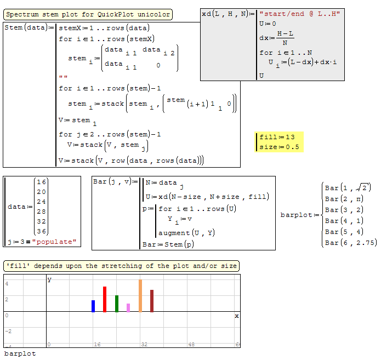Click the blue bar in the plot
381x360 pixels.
pyautogui.click(x=93, y=306)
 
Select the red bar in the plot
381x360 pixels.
pyautogui.click(x=105, y=299)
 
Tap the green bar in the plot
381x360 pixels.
pyautogui.click(x=117, y=304)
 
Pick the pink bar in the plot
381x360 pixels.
pyautogui.click(x=128, y=308)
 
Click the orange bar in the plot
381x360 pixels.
pyautogui.click(x=140, y=296)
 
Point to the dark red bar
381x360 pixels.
pyautogui.click(x=152, y=301)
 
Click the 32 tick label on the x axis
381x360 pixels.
pyautogui.click(x=144, y=345)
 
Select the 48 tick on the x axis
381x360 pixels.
pyautogui.click(x=191, y=345)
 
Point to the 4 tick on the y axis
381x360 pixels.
pyautogui.click(x=7, y=284)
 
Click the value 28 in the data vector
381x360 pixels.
pyautogui.click(x=41, y=212)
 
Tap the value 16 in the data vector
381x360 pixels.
pyautogui.click(x=41, y=182)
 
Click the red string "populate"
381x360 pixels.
pyautogui.click(x=54, y=242)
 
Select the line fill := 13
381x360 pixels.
pyautogui.click(x=277, y=137)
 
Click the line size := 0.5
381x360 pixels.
pyautogui.click(x=279, y=147)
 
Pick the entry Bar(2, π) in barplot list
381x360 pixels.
pyautogui.click(x=344, y=199)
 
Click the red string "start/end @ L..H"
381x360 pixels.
pyautogui.click(x=300, y=14)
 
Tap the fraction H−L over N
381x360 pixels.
pyautogui.click(x=285, y=38)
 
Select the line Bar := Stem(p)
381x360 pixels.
pyautogui.click(x=168, y=244)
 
